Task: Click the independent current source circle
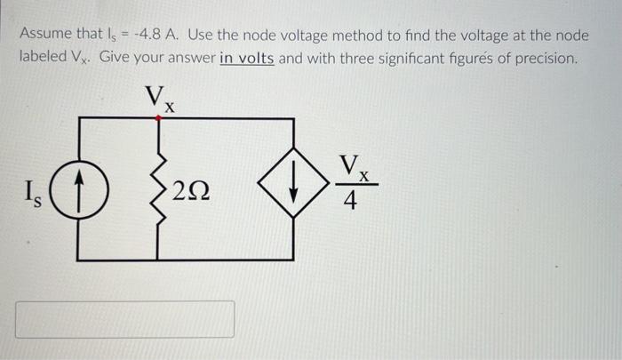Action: pos(77,189)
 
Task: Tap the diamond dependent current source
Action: pos(293,188)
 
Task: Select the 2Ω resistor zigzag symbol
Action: pos(159,188)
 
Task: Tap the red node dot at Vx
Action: pos(159,117)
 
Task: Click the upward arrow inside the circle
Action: pos(77,188)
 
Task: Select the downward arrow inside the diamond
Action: pos(293,188)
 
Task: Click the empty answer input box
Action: pos(125,319)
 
